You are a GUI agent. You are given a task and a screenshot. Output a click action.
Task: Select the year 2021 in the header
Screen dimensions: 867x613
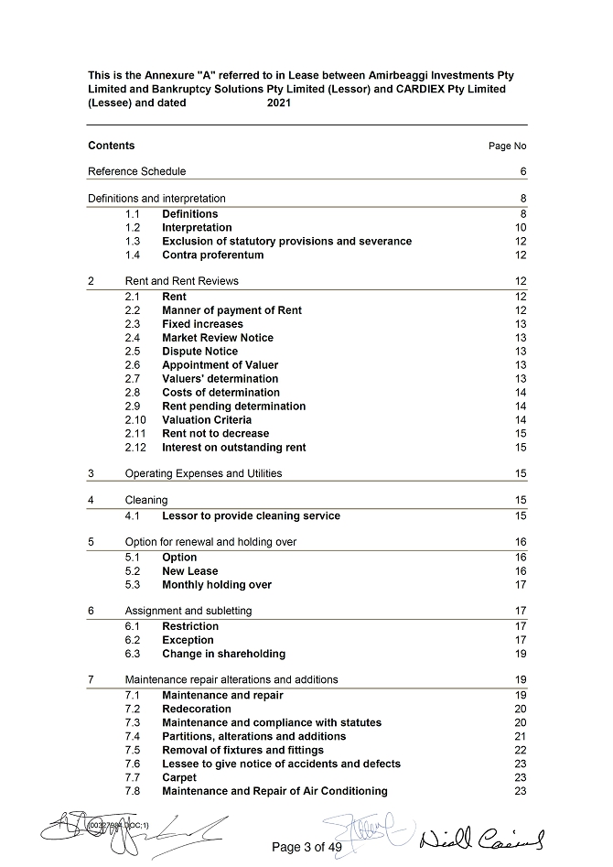[281, 103]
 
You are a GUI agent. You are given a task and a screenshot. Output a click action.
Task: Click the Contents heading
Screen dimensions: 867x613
[111, 146]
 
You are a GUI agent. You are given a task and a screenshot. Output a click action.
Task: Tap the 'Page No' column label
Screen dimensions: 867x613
[508, 146]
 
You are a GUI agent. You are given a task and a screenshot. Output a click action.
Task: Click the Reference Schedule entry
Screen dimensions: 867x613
[136, 171]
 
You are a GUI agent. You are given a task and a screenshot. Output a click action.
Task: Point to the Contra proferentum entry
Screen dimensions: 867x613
[212, 255]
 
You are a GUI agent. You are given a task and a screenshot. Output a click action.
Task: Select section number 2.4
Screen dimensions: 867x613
[134, 338]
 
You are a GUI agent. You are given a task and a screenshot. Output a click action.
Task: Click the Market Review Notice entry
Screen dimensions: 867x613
[218, 338]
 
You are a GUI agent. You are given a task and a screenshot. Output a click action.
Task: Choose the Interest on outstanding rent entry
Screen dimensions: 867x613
[233, 448]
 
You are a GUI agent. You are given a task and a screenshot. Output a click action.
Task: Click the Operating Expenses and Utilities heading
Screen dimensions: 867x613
[203, 473]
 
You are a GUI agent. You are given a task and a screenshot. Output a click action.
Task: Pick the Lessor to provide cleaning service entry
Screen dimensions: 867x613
[251, 516]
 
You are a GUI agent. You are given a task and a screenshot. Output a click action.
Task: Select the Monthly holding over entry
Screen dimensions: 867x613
[217, 585]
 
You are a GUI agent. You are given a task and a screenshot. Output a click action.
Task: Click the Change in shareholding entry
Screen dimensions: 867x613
[223, 654]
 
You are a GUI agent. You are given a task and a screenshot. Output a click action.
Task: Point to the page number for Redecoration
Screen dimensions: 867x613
[521, 710]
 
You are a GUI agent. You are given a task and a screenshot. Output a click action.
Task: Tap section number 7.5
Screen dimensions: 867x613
[134, 750]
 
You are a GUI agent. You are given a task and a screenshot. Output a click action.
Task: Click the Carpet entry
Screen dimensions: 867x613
[179, 777]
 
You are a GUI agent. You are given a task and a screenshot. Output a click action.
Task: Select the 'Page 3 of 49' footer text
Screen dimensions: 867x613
[306, 847]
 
